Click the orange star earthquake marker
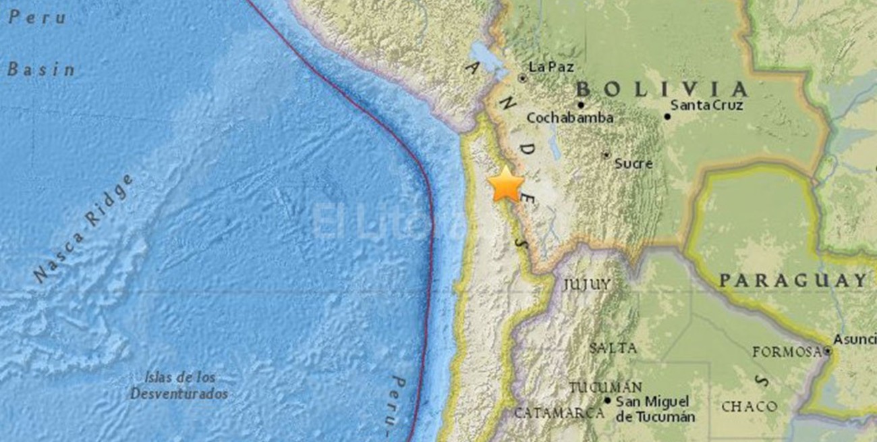click(505, 185)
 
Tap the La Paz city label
click(551, 67)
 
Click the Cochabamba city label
click(570, 118)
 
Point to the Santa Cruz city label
click(707, 105)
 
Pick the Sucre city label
click(633, 163)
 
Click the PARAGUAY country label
click(792, 280)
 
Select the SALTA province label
click(612, 348)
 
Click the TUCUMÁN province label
click(605, 387)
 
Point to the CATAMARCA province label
click(559, 412)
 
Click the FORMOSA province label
click(787, 352)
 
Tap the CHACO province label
click(749, 406)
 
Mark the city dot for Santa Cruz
click(667, 116)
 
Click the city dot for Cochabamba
click(581, 105)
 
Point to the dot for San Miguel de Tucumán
click(608, 400)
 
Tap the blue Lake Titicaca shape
click(490, 58)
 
